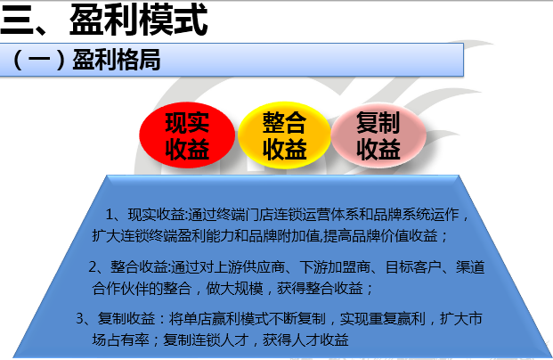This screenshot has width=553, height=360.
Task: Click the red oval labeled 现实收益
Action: tap(187, 136)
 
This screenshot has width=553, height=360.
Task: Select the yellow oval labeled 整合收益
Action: tap(284, 136)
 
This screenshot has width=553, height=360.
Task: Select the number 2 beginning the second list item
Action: tap(94, 266)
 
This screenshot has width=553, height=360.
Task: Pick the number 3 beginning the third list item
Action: tap(80, 318)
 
